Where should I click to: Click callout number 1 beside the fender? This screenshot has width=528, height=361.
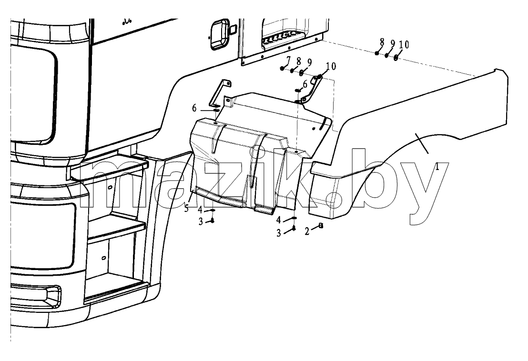[x=437, y=167]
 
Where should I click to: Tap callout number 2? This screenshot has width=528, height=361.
[x=307, y=231]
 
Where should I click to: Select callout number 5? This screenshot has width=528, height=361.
[x=186, y=209]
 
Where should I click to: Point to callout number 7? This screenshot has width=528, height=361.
[x=288, y=60]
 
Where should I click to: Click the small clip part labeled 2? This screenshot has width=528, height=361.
[x=321, y=226]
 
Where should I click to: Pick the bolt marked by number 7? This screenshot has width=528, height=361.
[x=282, y=68]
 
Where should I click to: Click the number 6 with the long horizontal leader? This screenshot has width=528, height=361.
[x=194, y=108]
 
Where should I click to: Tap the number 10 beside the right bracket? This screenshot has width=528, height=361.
[x=331, y=66]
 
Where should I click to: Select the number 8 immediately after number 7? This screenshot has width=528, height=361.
[x=299, y=61]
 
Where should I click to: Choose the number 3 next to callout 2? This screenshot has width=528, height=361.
[x=279, y=233]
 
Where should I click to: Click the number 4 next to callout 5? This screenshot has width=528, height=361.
[x=200, y=210]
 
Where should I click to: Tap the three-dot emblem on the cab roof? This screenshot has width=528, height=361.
[x=127, y=22]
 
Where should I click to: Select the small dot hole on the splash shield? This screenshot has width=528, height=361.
[x=314, y=129]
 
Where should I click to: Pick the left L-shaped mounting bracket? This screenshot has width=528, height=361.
[x=220, y=94]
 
